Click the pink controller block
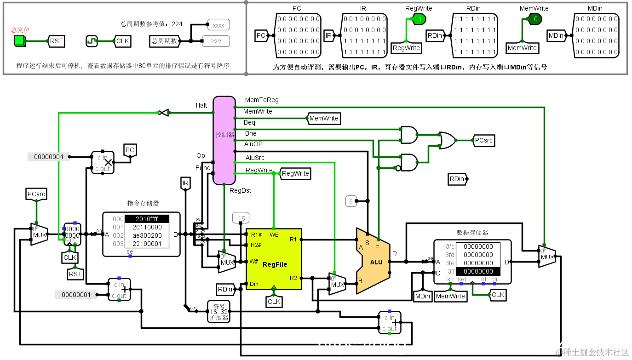tap(224, 140)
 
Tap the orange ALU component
tap(373, 261)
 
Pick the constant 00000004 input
tap(49, 157)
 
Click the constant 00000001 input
tap(76, 295)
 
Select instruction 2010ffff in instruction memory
tap(147, 219)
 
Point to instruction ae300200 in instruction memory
tap(147, 235)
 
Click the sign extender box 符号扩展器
tap(218, 311)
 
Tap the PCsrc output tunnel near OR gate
tap(484, 140)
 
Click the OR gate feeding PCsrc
tap(447, 140)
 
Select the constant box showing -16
tap(240, 218)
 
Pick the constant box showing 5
tap(351, 201)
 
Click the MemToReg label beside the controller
tap(262, 100)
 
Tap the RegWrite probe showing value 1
tap(419, 19)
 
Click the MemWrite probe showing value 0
tap(535, 19)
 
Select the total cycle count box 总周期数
tap(164, 41)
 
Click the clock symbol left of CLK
tap(92, 41)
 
